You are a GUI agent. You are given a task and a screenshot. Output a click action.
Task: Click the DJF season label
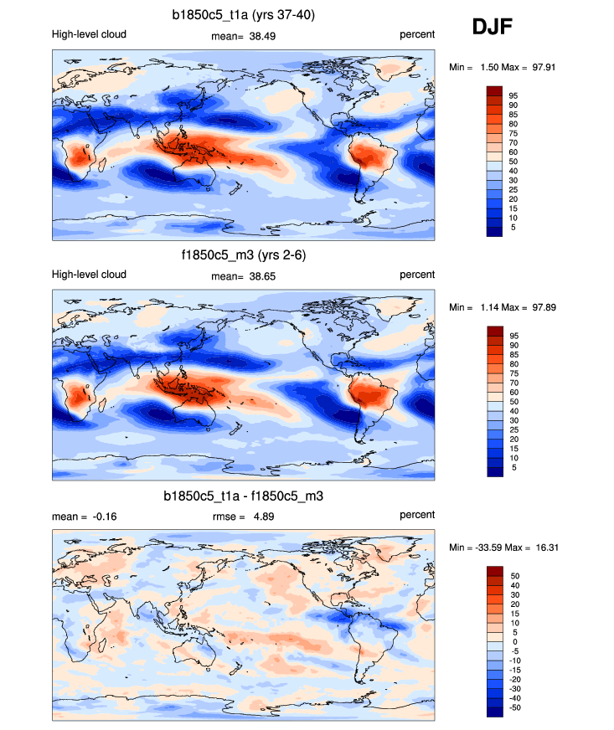tap(493, 27)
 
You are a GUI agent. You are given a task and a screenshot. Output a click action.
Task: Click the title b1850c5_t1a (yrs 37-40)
tap(244, 14)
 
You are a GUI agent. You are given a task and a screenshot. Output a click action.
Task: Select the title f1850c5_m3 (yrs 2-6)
tap(243, 255)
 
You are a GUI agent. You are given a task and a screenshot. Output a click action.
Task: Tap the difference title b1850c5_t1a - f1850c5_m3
tap(244, 496)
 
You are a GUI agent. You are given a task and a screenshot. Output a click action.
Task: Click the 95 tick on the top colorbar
tap(512, 95)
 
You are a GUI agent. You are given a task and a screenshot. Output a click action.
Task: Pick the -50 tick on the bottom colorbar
tap(513, 708)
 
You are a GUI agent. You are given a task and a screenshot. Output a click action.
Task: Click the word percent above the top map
tap(416, 35)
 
